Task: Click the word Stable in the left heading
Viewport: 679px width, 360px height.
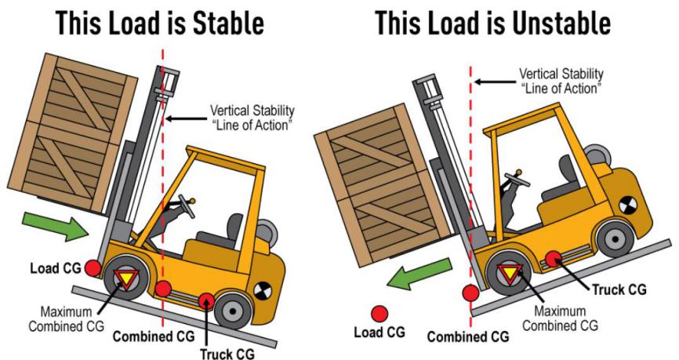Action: [228, 23]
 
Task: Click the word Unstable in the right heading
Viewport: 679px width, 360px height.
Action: [561, 23]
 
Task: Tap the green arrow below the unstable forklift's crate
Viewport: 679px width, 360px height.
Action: [419, 274]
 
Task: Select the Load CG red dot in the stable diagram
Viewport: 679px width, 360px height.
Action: [93, 268]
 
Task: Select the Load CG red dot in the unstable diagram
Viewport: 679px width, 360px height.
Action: [379, 314]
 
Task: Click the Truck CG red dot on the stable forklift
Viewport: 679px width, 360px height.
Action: [206, 300]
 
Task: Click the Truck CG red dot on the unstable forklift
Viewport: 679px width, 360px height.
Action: [553, 259]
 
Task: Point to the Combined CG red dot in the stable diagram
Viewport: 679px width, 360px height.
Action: [163, 289]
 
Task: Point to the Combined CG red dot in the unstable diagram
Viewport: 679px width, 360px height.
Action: [470, 293]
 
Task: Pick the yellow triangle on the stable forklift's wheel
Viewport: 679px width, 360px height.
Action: [126, 278]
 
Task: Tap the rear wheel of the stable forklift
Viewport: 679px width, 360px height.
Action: [233, 311]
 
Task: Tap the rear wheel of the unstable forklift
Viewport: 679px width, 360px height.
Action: [615, 238]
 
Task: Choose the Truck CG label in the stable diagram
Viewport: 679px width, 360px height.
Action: [227, 354]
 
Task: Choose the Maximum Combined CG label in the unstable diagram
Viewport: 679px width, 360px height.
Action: [560, 318]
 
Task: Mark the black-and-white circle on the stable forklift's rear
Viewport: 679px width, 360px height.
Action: [261, 291]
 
